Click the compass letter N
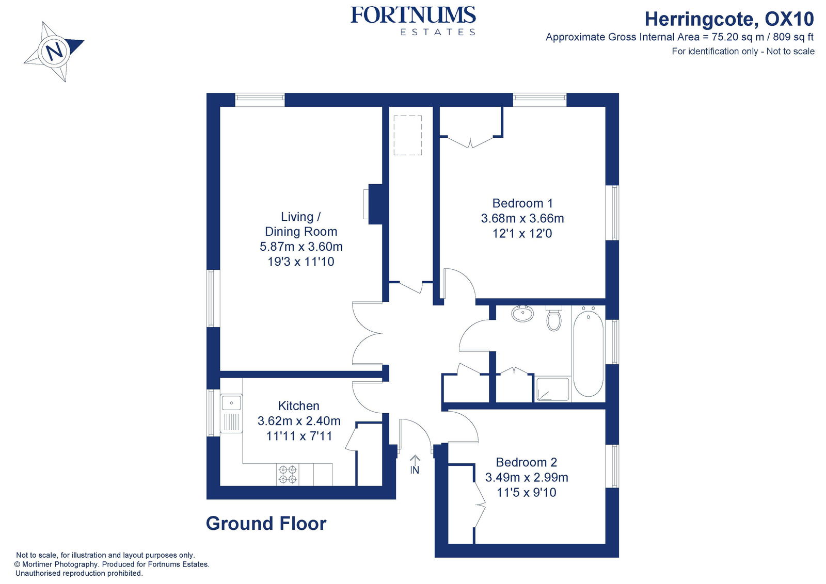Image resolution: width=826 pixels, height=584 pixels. click(54, 51)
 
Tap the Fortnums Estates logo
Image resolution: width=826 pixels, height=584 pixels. click(412, 21)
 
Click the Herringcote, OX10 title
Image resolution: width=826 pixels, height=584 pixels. click(728, 19)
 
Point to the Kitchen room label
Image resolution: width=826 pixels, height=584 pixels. click(298, 406)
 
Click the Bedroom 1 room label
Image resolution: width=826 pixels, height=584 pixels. click(522, 203)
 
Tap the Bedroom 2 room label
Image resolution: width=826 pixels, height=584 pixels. click(526, 462)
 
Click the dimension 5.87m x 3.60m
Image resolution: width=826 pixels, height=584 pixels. click(301, 247)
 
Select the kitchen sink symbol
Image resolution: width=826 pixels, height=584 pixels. click(231, 402)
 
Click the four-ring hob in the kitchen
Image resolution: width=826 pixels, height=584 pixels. click(288, 475)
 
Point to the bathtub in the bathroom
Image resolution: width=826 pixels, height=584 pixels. click(588, 353)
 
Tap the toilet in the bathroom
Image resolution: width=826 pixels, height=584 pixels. click(554, 318)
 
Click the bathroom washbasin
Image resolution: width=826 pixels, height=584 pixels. click(522, 313)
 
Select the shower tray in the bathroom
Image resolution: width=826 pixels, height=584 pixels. click(552, 390)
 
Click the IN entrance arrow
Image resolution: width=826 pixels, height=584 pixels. click(415, 464)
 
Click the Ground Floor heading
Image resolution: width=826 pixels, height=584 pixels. click(266, 524)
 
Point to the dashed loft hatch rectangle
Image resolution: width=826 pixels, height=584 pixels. click(407, 135)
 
